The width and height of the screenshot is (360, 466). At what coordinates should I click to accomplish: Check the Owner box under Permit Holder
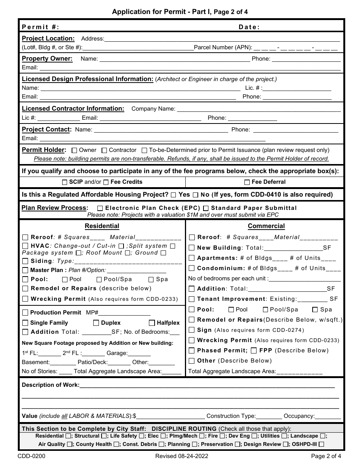coord(74,150)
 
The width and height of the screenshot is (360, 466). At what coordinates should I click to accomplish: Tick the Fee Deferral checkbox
coord(247,182)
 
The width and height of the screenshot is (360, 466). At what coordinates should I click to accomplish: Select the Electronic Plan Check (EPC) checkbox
coord(100,208)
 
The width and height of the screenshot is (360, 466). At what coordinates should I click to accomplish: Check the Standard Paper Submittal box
coord(206,208)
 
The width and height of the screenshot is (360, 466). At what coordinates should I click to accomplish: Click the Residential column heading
coord(102,226)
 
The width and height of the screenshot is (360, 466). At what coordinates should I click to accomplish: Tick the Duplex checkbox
coord(96,323)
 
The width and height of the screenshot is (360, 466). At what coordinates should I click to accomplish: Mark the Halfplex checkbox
coord(152,323)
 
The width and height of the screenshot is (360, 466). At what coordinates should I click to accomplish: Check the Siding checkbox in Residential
coord(25,261)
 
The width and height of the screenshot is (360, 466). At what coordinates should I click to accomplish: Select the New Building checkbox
coord(192,248)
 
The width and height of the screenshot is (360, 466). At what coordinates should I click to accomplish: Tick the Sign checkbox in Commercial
coord(192,330)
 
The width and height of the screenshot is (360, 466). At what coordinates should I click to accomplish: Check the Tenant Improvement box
coord(192,299)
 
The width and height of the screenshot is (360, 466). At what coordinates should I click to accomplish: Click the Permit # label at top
coord(41,27)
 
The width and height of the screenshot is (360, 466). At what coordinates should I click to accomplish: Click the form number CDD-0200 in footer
coord(31,456)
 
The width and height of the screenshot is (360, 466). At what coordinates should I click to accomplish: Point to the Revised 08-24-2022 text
coord(182,456)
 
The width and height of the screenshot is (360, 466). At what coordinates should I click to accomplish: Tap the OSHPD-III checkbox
coord(321,444)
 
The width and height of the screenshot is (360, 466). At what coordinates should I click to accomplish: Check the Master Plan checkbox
coord(25,271)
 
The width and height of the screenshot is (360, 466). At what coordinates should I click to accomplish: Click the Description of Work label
coord(51,385)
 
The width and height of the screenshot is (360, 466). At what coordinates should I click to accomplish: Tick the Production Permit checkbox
coord(25,313)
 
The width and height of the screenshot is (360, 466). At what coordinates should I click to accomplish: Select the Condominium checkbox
coord(192,268)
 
